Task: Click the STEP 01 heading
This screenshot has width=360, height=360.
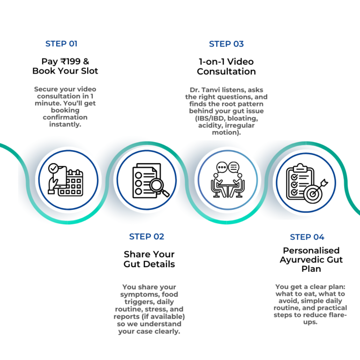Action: click(61, 44)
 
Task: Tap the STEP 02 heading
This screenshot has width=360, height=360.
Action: click(147, 237)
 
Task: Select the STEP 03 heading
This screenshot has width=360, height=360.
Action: click(226, 44)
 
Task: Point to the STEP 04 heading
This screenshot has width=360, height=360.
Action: click(307, 237)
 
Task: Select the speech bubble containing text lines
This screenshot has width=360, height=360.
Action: click(234, 167)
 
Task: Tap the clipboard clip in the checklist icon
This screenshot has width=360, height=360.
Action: click(300, 166)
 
